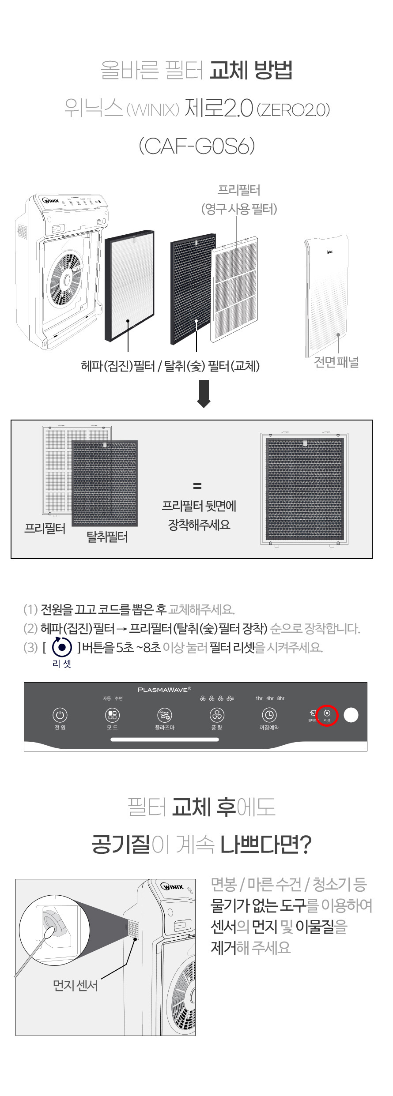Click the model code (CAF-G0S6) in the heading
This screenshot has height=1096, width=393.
(x=196, y=146)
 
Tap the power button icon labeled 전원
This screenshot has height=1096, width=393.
(x=60, y=715)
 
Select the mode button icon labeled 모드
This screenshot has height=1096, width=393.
(x=112, y=715)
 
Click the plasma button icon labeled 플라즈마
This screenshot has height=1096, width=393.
(x=165, y=715)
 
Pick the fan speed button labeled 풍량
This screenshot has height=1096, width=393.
(x=217, y=715)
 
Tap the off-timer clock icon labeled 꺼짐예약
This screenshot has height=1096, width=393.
(x=269, y=715)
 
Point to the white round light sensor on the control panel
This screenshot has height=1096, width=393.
(x=351, y=715)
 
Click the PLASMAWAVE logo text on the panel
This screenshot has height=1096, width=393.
(x=164, y=689)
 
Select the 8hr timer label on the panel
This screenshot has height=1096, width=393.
(x=281, y=698)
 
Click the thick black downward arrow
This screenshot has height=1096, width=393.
(x=204, y=395)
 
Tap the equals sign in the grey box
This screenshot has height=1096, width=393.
(x=197, y=486)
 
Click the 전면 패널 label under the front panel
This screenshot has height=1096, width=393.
(x=336, y=363)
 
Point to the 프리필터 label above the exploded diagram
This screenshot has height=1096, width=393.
(x=239, y=191)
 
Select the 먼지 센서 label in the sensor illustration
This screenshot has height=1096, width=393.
(x=75, y=985)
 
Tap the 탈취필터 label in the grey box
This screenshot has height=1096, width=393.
(x=107, y=537)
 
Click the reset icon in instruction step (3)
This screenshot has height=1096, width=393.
(x=62, y=647)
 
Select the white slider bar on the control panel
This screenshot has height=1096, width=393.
(x=165, y=739)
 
